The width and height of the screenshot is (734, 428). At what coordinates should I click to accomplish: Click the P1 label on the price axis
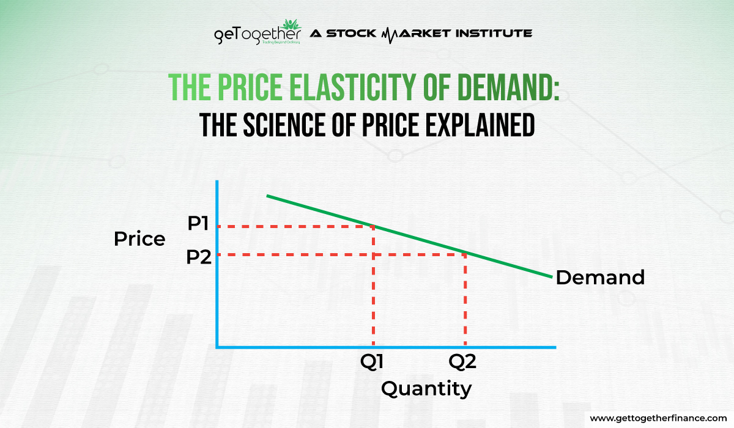[x=199, y=224]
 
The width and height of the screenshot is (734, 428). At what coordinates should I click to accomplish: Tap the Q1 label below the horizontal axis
[x=373, y=362]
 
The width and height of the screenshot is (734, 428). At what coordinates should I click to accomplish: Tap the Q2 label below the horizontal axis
[x=462, y=362]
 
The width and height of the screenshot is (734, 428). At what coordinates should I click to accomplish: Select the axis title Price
[x=139, y=239]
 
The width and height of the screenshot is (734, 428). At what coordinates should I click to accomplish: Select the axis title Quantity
[x=426, y=388]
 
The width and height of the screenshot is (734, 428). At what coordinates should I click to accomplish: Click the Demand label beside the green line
[x=599, y=278]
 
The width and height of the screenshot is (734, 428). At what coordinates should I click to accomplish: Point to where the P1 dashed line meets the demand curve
[x=374, y=226]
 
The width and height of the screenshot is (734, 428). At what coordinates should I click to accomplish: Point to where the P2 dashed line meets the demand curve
[x=466, y=253]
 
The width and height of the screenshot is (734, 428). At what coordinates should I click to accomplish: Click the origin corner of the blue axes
[x=217, y=347]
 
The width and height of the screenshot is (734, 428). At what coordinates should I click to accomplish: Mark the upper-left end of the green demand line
[x=268, y=196]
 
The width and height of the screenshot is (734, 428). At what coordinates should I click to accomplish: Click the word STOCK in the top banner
[x=351, y=33]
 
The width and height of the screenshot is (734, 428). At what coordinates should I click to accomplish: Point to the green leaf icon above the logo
[x=291, y=24]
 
